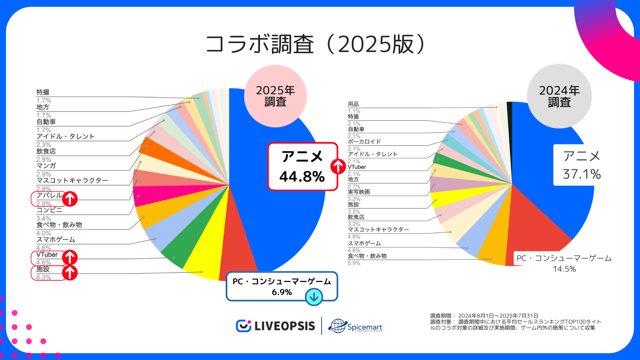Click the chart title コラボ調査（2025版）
pyautogui.click(x=315, y=44)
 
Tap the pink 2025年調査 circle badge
pyautogui.click(x=275, y=96)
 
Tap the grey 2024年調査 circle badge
pyautogui.click(x=559, y=96)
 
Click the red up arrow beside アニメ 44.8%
pyautogui.click(x=338, y=166)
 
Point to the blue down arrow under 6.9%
pyautogui.click(x=314, y=297)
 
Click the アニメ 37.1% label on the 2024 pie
pyautogui.click(x=581, y=165)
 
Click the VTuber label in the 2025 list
pyautogui.click(x=47, y=255)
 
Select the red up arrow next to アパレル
pyautogui.click(x=70, y=199)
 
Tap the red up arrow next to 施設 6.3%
pyautogui.click(x=70, y=273)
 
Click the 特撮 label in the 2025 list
pyautogui.click(x=43, y=92)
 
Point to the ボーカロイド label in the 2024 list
pyautogui.click(x=364, y=142)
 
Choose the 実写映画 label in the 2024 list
pyautogui.click(x=359, y=192)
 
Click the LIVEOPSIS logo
pyautogui.click(x=276, y=326)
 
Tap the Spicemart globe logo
pyautogui.click(x=338, y=326)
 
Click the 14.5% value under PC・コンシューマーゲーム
pyautogui.click(x=564, y=269)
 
